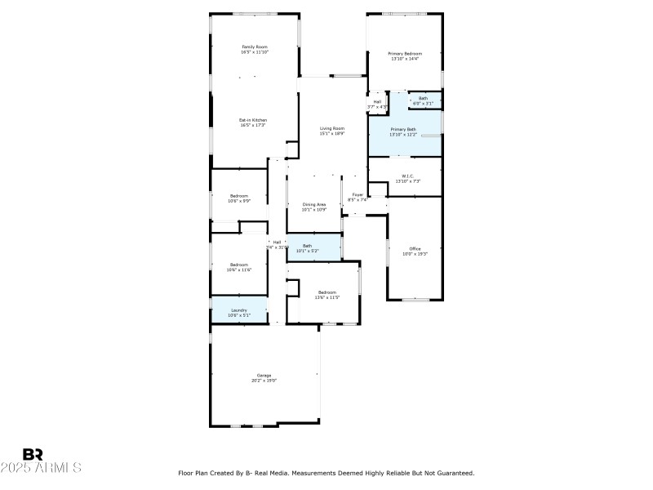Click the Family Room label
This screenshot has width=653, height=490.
[x=255, y=47]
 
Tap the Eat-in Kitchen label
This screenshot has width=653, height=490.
[x=253, y=120]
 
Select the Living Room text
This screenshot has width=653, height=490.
[x=332, y=128]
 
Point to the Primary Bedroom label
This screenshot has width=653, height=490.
[x=405, y=54]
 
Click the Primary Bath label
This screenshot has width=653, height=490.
[x=403, y=130]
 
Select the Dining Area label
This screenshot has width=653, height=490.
[x=314, y=204]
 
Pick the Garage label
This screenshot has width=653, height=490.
[x=264, y=376]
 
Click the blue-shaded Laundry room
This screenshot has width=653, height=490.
[x=239, y=311]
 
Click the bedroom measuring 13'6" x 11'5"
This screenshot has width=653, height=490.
[x=326, y=294]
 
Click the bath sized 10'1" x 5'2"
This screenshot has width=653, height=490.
[x=308, y=247]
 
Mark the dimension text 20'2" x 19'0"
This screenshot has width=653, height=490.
[x=264, y=381]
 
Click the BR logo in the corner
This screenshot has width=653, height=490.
[x=33, y=454]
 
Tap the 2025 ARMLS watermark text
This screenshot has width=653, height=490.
[x=41, y=468]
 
